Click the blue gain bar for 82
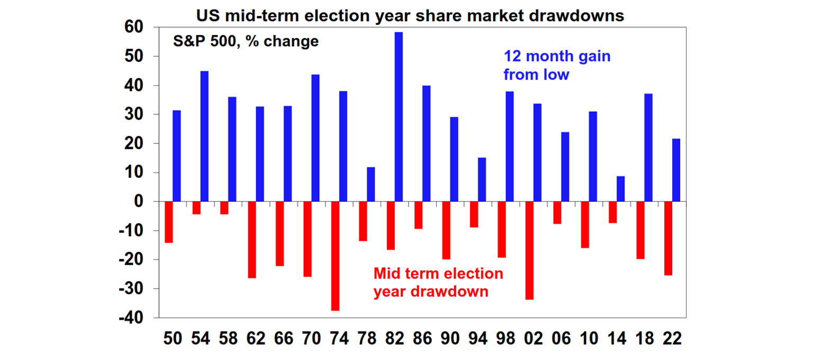[x=399, y=117]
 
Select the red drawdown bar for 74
[x=335, y=256]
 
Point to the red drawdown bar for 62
[x=252, y=240]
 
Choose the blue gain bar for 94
[x=482, y=179]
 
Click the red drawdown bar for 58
[x=224, y=208]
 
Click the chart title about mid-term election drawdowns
[x=410, y=15]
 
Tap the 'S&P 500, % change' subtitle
[x=246, y=41]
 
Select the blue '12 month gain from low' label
[x=556, y=65]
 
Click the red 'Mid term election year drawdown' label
[x=438, y=283]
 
